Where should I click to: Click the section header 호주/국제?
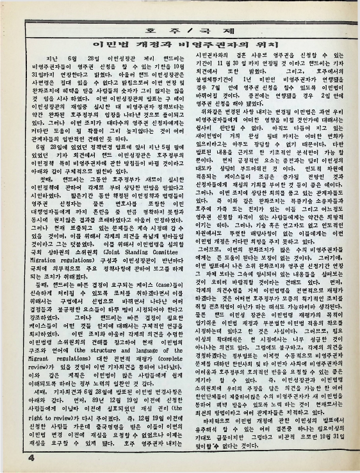[180, 29]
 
